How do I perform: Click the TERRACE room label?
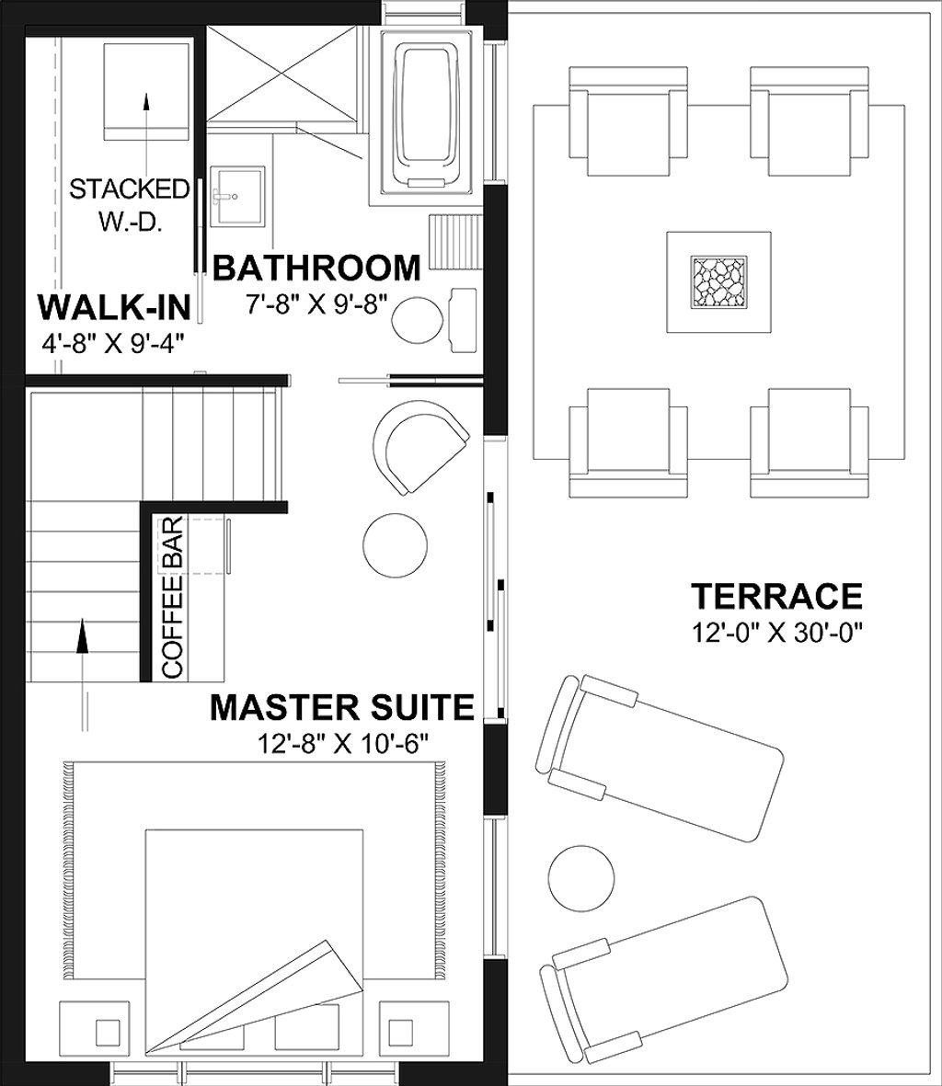pos(776,596)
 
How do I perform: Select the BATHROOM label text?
pos(316,268)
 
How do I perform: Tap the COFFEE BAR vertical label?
pos(173,597)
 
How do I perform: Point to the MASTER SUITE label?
pos(341,707)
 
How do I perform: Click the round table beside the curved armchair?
pos(396,544)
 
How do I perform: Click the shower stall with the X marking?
pos(281,73)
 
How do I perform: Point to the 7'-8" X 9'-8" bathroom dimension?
pos(316,303)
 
